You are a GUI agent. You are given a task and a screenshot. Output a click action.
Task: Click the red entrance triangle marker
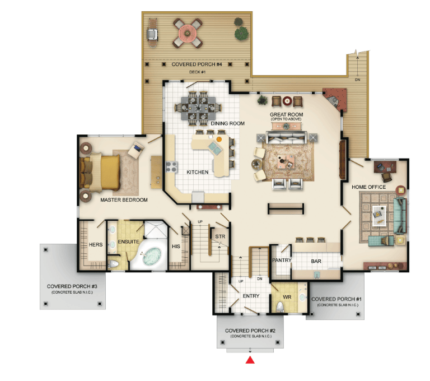click(x=250, y=360)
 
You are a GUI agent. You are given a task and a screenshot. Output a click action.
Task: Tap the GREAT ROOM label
click(x=286, y=114)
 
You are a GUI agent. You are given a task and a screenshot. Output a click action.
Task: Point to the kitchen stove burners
click(x=172, y=167)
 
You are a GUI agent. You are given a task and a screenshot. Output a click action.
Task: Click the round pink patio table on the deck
click(x=188, y=33)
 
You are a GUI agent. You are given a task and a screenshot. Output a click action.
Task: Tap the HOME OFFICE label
click(x=368, y=187)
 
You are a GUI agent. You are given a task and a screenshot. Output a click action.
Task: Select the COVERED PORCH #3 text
click(x=72, y=286)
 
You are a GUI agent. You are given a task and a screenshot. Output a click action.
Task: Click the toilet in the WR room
click(x=281, y=306)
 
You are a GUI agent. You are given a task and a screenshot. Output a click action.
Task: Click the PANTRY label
click(x=282, y=260)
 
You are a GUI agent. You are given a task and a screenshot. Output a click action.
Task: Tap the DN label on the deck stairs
click(x=357, y=80)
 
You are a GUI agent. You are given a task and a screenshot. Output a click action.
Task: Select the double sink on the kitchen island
click(x=215, y=148)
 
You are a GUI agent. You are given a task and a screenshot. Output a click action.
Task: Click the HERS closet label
click(x=96, y=244)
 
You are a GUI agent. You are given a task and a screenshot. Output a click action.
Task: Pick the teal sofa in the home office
click(x=400, y=216)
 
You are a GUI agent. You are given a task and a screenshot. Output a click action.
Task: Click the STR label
click(x=220, y=236)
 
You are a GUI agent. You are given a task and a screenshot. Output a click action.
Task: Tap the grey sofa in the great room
click(x=286, y=137)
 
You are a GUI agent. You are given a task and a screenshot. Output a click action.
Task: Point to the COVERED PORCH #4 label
click(x=197, y=64)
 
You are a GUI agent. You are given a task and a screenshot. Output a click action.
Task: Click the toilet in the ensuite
click(x=113, y=264)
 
